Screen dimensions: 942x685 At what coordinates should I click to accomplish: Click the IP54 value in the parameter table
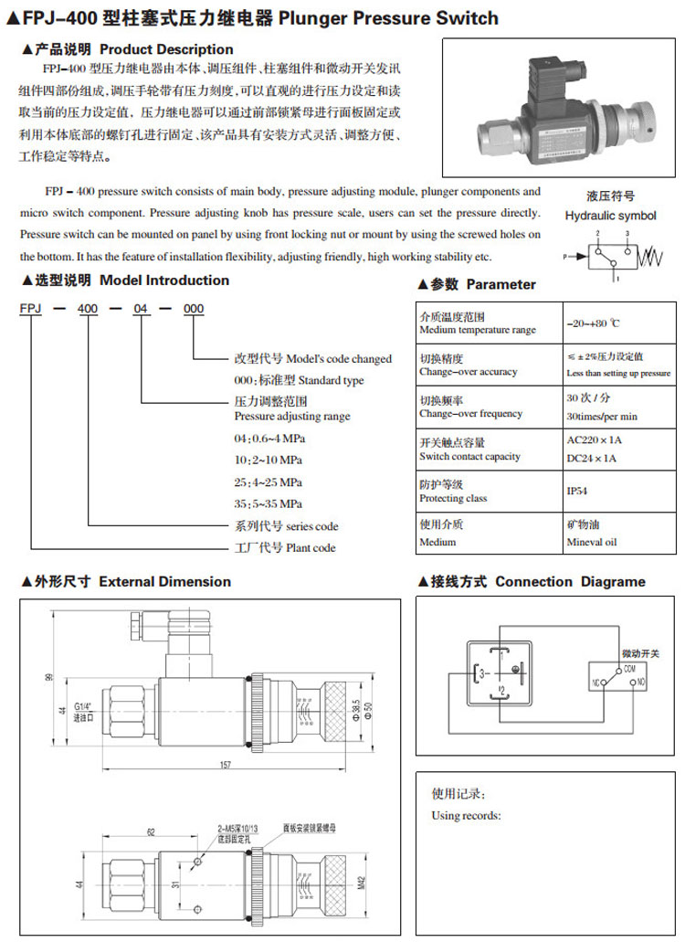[x=577, y=492]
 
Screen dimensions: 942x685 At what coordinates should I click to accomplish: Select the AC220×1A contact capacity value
[x=593, y=440]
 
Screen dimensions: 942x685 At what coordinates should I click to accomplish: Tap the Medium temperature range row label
[x=478, y=330]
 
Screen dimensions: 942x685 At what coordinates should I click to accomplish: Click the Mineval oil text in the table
[x=592, y=542]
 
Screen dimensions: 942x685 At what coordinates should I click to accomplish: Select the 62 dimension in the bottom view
[x=152, y=831]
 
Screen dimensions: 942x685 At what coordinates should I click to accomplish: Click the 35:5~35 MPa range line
[x=269, y=503]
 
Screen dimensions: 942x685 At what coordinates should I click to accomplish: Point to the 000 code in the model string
[x=194, y=311]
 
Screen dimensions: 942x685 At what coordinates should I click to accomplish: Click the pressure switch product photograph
[x=558, y=107]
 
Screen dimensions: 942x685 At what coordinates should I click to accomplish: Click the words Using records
[x=466, y=815]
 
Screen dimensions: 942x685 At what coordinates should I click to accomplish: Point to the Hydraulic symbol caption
[x=610, y=216]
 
